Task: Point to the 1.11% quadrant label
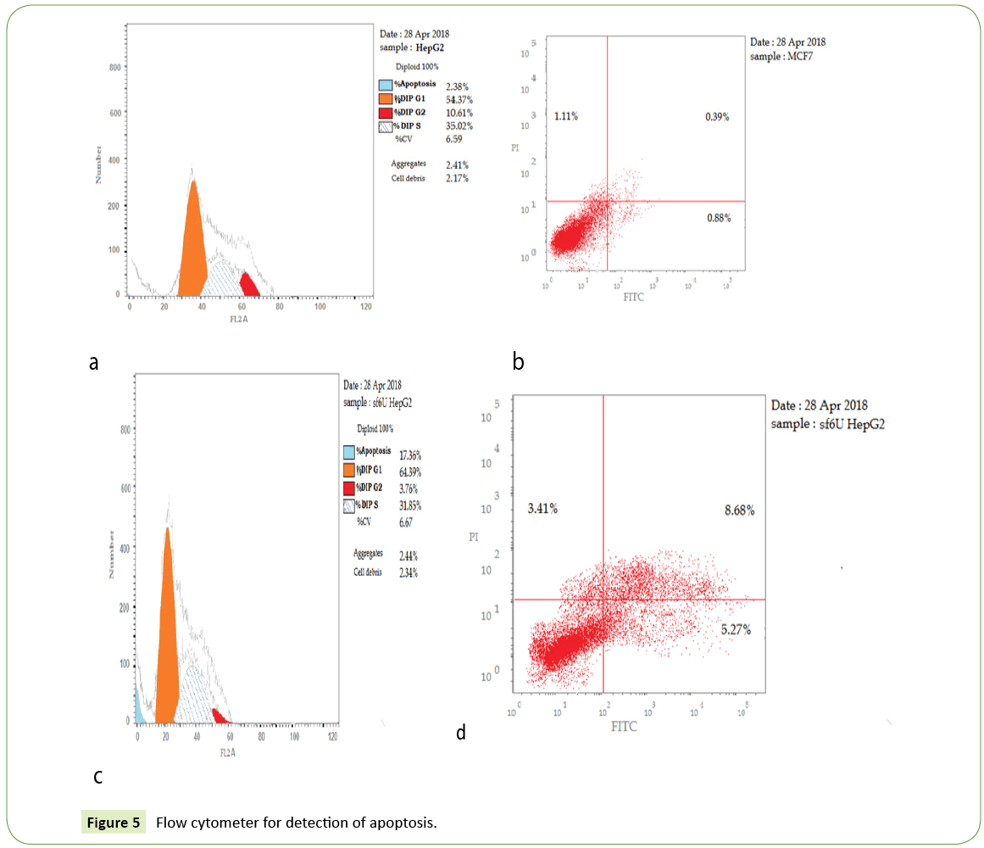[x=566, y=115]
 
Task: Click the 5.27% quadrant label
[x=735, y=630]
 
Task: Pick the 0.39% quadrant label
[x=717, y=116]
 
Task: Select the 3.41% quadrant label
[x=542, y=509]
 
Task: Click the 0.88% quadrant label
[x=718, y=219]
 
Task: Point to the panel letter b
[x=518, y=362]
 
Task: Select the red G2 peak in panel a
[x=249, y=286]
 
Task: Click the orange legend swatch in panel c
[x=348, y=471]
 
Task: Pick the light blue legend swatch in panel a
[x=386, y=86]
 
